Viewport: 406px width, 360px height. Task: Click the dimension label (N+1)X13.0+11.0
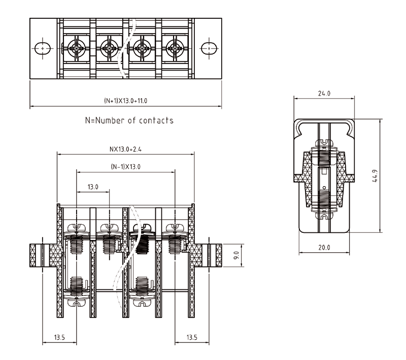tap(125, 101)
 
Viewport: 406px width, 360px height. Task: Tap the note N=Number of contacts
tap(129, 121)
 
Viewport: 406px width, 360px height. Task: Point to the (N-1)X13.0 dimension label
tap(125, 166)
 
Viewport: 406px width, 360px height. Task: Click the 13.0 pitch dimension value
tap(92, 187)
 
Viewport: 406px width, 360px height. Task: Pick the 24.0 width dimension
tap(324, 94)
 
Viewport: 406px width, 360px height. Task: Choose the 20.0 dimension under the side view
tap(324, 248)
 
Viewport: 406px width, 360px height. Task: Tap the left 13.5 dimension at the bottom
tap(59, 337)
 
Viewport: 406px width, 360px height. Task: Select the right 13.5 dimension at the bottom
tap(192, 337)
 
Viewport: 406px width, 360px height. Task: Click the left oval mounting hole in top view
tap(42, 48)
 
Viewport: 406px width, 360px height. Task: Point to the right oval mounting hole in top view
tap(209, 48)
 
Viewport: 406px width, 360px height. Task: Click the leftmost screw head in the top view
tap(77, 49)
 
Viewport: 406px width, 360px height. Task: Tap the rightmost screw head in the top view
tap(175, 49)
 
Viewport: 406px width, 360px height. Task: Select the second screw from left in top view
tap(109, 49)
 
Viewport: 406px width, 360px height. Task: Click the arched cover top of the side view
tap(324, 122)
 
